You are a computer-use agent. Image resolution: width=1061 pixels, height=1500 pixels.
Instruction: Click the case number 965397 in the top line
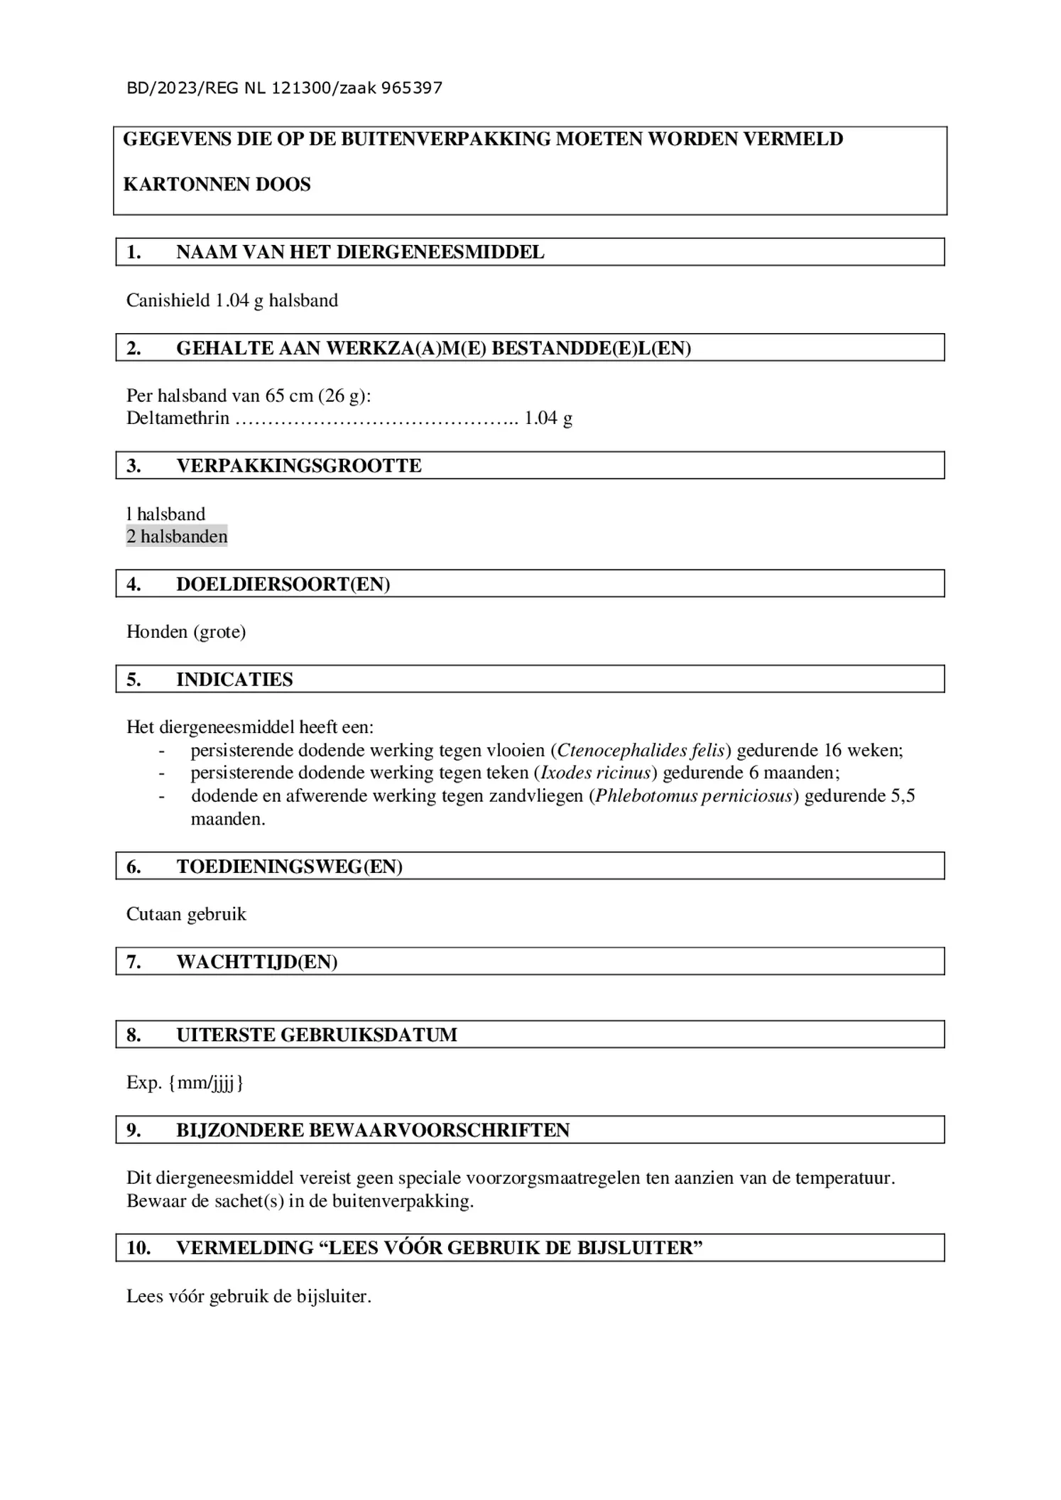(411, 88)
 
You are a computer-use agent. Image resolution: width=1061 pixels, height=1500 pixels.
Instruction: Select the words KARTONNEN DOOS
(217, 185)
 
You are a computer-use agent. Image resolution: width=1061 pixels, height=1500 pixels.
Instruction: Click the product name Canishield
(168, 300)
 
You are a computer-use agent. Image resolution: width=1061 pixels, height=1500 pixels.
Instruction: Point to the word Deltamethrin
(178, 418)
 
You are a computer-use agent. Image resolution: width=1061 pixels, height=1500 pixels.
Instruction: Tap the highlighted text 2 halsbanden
(177, 536)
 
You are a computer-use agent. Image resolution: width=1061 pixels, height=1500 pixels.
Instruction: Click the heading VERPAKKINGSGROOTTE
(298, 466)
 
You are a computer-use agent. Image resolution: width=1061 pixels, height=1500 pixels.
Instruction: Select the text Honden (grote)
(186, 631)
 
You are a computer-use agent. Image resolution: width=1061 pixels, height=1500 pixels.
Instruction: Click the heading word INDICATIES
(234, 680)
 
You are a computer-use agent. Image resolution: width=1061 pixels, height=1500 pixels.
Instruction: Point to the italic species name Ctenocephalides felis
(641, 750)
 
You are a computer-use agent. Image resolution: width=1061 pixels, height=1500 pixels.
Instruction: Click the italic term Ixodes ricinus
(596, 773)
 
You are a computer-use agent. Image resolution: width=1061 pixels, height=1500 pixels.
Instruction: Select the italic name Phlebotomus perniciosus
(693, 795)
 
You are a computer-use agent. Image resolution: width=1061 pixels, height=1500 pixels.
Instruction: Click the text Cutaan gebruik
(186, 914)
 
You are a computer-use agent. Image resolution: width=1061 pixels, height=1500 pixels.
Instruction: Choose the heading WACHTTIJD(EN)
(256, 962)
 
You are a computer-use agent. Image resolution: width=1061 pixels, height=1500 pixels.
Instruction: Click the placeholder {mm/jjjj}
(206, 1082)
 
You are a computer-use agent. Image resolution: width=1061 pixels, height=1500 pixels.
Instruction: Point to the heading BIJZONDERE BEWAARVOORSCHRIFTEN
(373, 1131)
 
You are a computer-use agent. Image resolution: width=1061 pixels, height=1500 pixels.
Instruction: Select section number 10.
(138, 1248)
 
